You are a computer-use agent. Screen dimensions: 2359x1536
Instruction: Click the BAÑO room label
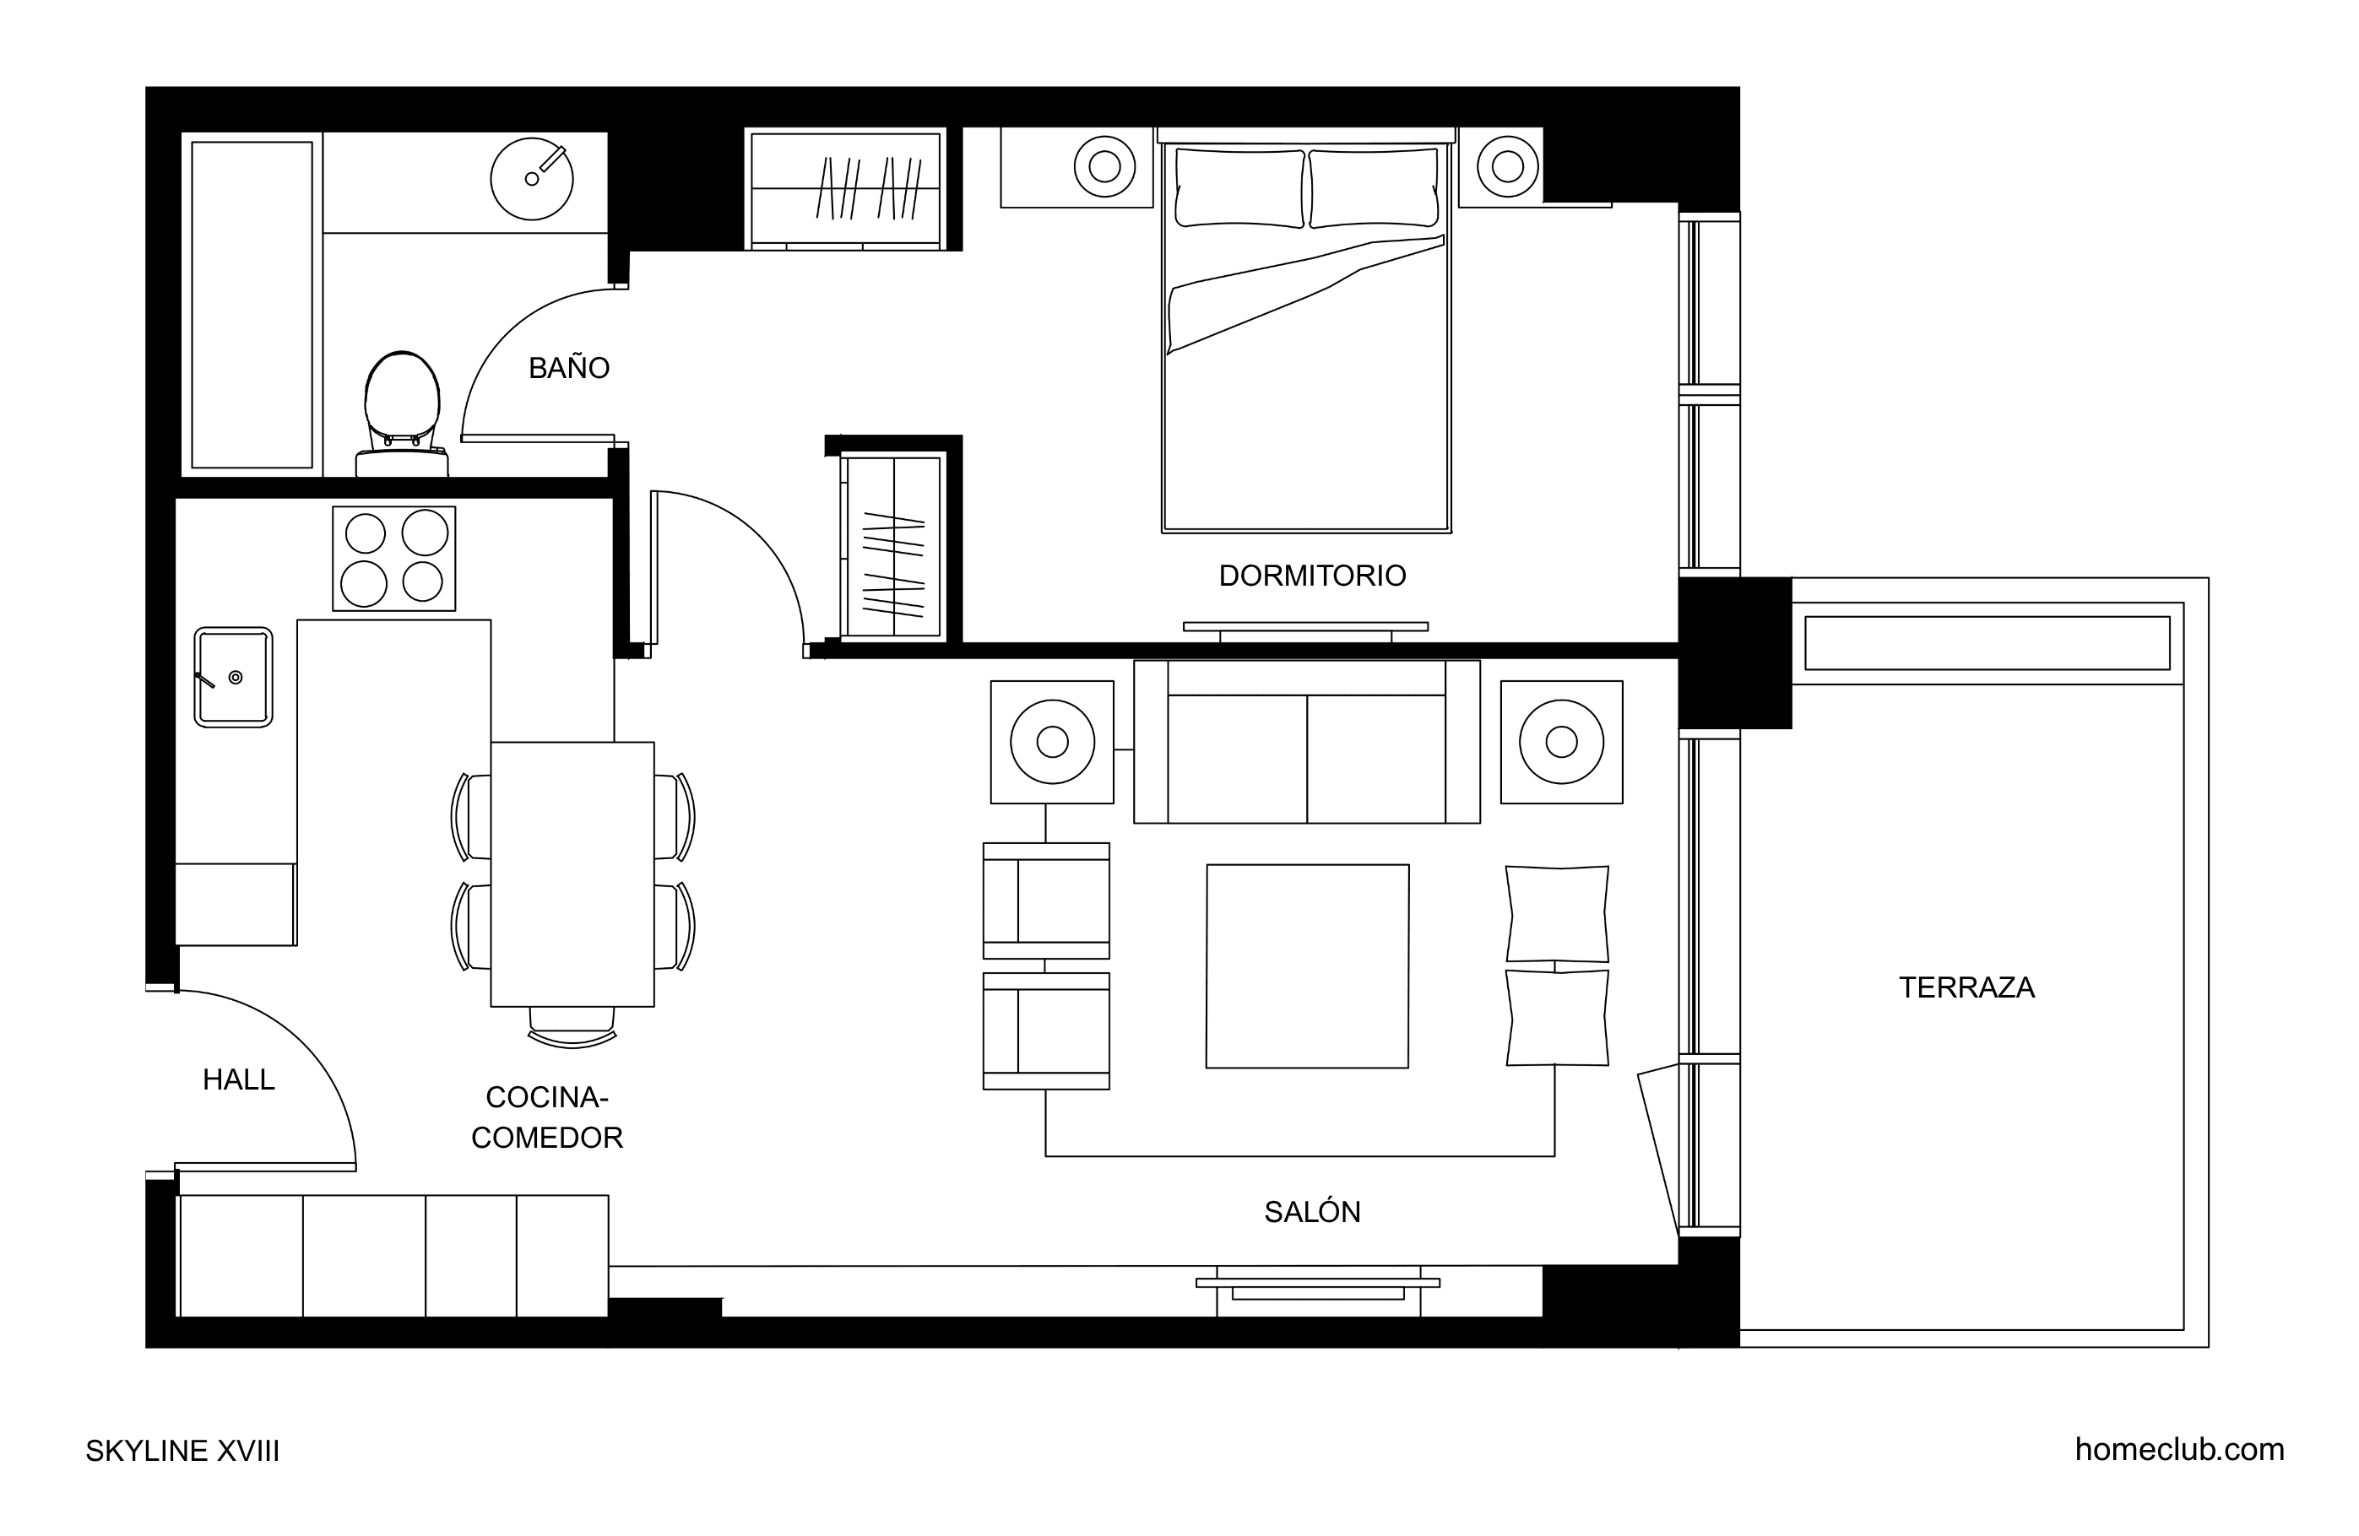[x=569, y=368]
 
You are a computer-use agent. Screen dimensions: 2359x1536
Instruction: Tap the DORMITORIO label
[x=1312, y=576]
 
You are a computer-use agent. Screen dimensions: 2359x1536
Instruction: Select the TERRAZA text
[x=1966, y=988]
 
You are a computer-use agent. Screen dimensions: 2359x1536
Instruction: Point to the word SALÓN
[x=1312, y=1211]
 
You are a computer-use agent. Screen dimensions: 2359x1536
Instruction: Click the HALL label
[x=238, y=1080]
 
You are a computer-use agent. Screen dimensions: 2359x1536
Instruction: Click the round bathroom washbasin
[x=532, y=178]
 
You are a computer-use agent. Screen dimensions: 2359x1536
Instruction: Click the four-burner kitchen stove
[x=393, y=559]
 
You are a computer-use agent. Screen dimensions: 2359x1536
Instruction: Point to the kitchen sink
[x=233, y=678]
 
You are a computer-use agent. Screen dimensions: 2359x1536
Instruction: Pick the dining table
[x=572, y=874]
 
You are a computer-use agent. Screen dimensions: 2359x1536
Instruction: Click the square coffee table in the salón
[x=1307, y=966]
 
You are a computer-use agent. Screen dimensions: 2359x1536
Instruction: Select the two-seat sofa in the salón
[x=1306, y=742]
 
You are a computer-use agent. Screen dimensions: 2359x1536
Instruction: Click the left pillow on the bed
[x=1240, y=188]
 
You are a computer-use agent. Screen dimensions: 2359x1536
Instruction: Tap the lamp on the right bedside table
[x=1508, y=166]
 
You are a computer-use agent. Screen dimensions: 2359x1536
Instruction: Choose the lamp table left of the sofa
[x=1052, y=742]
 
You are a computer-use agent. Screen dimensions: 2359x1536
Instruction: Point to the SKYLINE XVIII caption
[x=182, y=1451]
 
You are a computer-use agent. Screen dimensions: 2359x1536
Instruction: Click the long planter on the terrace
[x=1988, y=643]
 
